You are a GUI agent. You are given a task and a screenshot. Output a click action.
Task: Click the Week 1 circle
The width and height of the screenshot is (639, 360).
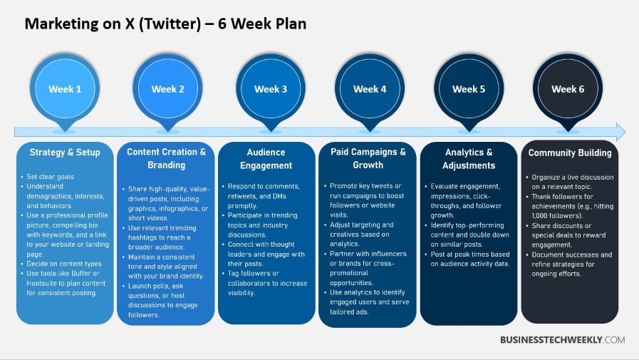65,89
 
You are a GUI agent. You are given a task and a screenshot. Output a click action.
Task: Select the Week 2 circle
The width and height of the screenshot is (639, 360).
168,89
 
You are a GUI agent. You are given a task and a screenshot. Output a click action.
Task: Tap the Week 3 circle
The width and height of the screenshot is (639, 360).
271,89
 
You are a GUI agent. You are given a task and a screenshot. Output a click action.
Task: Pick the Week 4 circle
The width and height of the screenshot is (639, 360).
370,89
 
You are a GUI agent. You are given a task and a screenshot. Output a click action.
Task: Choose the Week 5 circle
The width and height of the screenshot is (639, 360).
469,89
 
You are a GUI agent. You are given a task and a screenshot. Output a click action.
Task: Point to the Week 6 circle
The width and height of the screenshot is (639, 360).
568,89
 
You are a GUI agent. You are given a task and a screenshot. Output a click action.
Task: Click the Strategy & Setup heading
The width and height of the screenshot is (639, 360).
65,153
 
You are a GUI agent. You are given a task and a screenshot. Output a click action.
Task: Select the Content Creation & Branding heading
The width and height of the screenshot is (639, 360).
167,158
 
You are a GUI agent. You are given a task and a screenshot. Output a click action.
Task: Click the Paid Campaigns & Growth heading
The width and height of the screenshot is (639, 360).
368,158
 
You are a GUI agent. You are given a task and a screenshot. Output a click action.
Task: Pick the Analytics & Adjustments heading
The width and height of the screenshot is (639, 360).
469,158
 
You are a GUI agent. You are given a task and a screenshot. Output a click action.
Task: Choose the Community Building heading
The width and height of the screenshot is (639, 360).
570,153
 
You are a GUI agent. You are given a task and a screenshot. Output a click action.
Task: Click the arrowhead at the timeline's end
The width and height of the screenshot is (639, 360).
619,132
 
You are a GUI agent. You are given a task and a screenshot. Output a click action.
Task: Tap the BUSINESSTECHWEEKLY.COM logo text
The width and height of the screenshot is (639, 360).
562,340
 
